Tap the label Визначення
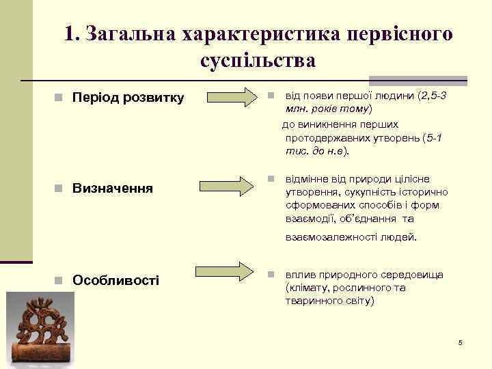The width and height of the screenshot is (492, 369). (113, 187)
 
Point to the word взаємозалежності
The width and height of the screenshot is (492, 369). (325, 238)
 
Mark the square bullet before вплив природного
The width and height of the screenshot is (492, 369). (271, 275)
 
